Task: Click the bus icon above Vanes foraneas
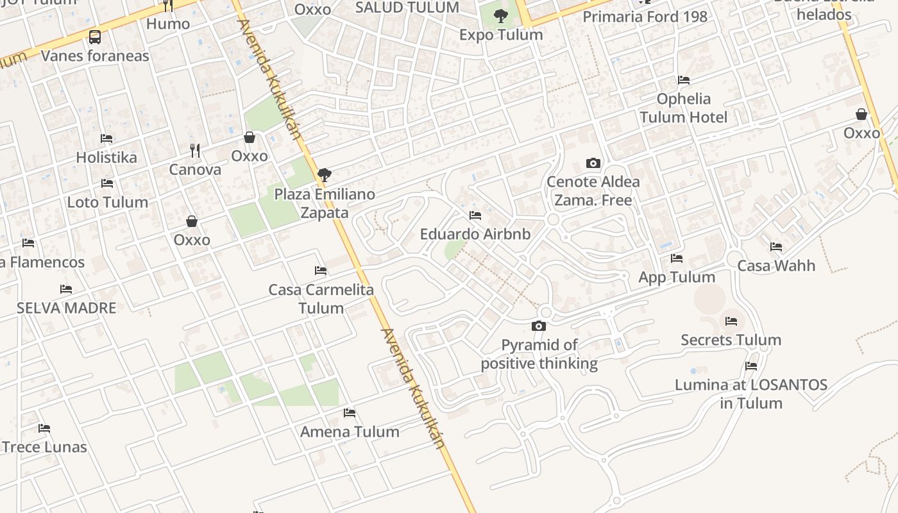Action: (x=95, y=37)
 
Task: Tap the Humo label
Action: (x=168, y=24)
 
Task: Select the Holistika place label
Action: (x=106, y=157)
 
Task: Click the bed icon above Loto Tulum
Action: (x=107, y=183)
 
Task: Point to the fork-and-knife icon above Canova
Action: (x=195, y=151)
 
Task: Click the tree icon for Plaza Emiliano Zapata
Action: (x=325, y=174)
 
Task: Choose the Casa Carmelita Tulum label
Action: (x=321, y=299)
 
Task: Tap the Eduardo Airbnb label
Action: (x=475, y=234)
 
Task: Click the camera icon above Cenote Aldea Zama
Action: (x=593, y=163)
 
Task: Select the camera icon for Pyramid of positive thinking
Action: (x=539, y=326)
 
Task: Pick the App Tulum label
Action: (x=677, y=277)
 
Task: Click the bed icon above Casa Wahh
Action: (x=776, y=247)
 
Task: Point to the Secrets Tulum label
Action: (x=731, y=340)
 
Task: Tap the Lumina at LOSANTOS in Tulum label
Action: (x=751, y=394)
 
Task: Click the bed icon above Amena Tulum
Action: (x=350, y=412)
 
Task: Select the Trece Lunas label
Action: (x=44, y=447)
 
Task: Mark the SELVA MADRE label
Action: (x=67, y=308)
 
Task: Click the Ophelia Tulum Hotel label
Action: (x=684, y=108)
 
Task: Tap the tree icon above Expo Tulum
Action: (x=501, y=16)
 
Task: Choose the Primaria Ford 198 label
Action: (x=645, y=17)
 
